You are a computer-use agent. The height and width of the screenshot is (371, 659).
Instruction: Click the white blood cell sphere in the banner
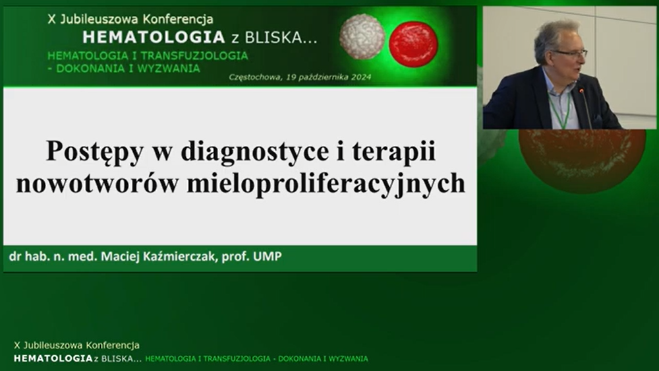pyautogui.click(x=362, y=36)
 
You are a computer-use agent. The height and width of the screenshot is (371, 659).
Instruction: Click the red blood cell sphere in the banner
pyautogui.click(x=414, y=44)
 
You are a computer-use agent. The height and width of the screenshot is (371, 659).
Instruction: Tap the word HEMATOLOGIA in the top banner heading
pyautogui.click(x=154, y=38)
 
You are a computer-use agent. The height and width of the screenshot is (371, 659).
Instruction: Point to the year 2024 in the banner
pyautogui.click(x=361, y=77)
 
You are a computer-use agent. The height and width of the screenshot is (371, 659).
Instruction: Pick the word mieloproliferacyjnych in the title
pyautogui.click(x=326, y=184)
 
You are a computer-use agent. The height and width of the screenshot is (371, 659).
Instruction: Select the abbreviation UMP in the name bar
pyautogui.click(x=268, y=256)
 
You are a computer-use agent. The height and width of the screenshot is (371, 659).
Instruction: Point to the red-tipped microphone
pyautogui.click(x=585, y=108)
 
